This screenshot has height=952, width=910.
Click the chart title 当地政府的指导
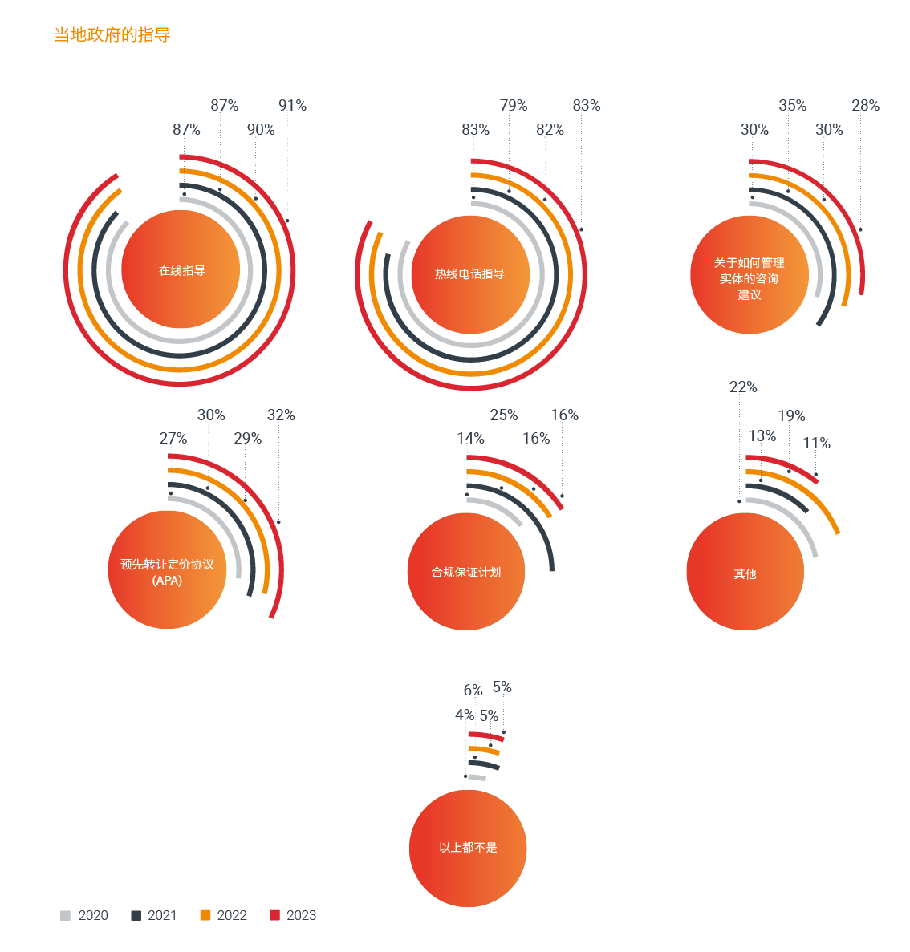pos(112,35)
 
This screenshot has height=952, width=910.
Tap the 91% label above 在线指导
pos(292,106)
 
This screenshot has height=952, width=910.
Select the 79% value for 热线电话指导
pos(514,106)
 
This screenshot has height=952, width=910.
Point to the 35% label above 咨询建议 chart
pos(792,106)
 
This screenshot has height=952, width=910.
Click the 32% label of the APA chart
pos(281,415)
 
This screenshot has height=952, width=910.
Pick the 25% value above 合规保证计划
pos(504,415)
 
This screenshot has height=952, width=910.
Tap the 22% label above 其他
pos(743,387)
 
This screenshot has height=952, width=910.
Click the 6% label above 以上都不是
pos(473,691)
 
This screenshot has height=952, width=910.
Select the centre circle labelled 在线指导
pos(181,270)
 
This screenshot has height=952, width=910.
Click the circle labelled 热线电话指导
pos(470,274)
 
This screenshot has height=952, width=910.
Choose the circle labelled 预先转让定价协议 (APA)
pos(168,570)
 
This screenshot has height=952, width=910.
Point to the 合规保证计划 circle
pos(466,572)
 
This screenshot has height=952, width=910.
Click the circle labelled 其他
pos(745,573)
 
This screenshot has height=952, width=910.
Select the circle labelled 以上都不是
pos(468,848)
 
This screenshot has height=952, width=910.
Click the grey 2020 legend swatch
pos(66,915)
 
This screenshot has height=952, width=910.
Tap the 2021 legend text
pos(162,915)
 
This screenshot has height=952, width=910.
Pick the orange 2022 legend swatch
pos(205,915)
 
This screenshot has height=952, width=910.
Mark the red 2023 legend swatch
pos(274,915)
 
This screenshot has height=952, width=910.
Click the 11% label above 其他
pos(816,444)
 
